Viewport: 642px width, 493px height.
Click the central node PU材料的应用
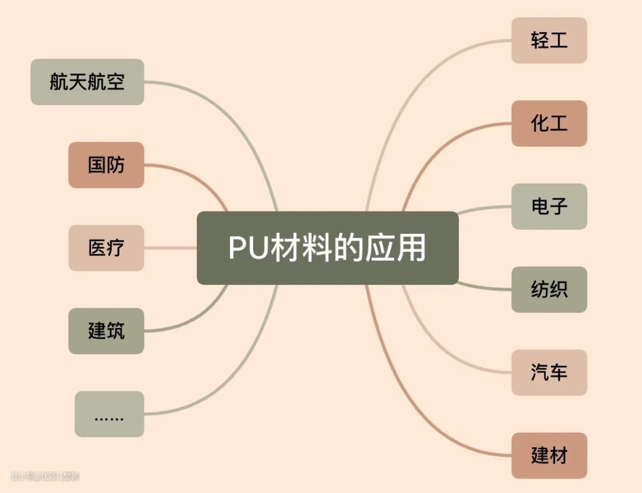coord(328,248)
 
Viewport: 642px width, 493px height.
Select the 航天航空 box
coord(87,82)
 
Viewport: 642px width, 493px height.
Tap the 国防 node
coord(106,165)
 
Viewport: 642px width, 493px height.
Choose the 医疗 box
coord(106,248)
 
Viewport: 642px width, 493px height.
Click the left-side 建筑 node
coord(106,331)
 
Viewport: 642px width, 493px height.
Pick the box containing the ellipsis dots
coord(109,414)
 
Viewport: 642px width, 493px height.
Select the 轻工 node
coord(549,40)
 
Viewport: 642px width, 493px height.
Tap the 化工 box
coord(549,124)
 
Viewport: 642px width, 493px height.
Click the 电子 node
coord(549,207)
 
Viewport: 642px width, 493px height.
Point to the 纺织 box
coord(549,290)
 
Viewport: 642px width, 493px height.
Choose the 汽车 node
coord(549,373)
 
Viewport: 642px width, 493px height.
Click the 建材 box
coord(549,456)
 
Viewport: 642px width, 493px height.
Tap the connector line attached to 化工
coord(440,148)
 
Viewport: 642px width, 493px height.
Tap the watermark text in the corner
coord(45,476)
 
